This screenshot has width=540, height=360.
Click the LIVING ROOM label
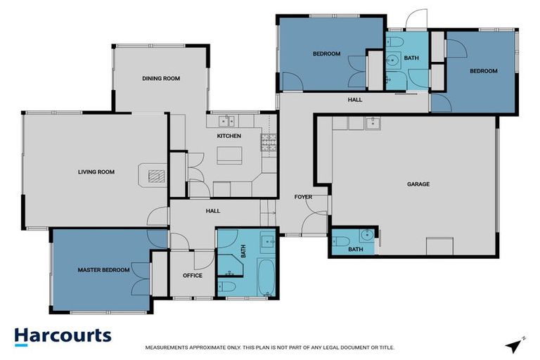click(x=96, y=172)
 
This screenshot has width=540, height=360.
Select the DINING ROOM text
click(x=161, y=79)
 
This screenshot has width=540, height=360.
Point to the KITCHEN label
click(x=229, y=136)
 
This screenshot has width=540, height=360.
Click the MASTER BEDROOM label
click(x=103, y=270)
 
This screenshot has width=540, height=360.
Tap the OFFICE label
click(x=193, y=276)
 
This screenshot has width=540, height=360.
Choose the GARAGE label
click(x=418, y=184)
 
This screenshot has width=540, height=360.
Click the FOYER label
click(x=303, y=197)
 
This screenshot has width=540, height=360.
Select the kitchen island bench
click(x=229, y=154)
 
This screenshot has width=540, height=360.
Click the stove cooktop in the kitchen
click(x=269, y=143)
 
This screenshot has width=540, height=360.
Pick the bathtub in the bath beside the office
click(x=267, y=278)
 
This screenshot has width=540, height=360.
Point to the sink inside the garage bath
click(x=364, y=236)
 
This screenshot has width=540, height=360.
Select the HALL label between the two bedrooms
click(x=355, y=100)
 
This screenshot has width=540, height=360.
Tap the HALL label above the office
click(x=212, y=211)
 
